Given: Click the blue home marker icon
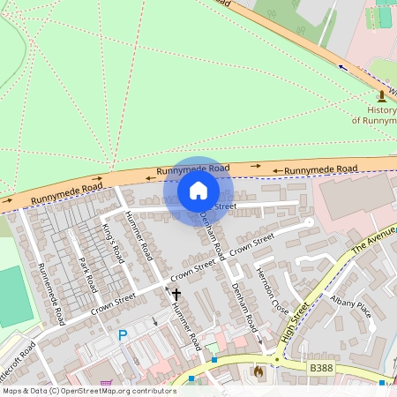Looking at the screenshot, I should [198, 191].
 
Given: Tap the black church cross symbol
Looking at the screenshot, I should [176, 294].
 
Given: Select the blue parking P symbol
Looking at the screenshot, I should [123, 334].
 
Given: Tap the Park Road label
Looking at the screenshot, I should [86, 275].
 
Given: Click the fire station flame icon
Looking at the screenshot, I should [258, 373].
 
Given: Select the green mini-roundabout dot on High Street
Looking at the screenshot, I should [276, 360].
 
